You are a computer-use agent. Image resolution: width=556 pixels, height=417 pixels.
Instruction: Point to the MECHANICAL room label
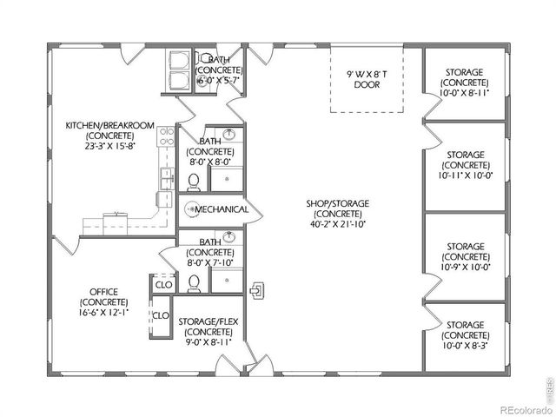[x=222, y=209]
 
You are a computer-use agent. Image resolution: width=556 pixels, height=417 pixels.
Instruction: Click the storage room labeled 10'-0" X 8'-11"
[x=465, y=80]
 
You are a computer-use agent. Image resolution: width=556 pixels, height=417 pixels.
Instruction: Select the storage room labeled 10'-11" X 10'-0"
[x=465, y=165]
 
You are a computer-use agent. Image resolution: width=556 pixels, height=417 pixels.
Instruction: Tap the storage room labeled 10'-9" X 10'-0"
[x=465, y=256]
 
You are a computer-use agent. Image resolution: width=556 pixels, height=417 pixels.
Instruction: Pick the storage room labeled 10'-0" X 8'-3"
[x=465, y=334]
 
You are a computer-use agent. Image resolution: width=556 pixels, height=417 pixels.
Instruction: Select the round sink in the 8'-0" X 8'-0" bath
[x=228, y=135]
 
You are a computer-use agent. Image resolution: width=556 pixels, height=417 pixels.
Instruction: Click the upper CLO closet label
[x=162, y=284]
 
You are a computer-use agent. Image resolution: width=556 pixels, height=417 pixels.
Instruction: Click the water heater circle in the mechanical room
[x=189, y=209]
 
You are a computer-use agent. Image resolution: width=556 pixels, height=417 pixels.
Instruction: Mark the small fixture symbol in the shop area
[x=256, y=289]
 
